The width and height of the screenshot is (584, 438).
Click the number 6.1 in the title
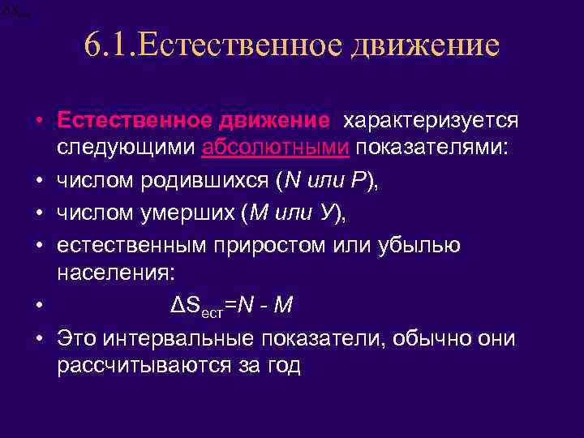[x=110, y=45]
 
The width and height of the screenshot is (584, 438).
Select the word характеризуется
[x=431, y=121]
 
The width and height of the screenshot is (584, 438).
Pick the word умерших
[x=186, y=213]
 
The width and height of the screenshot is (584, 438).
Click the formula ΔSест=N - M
[x=233, y=305]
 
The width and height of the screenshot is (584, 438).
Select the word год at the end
[x=281, y=365]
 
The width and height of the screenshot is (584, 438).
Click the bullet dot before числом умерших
[x=40, y=213]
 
